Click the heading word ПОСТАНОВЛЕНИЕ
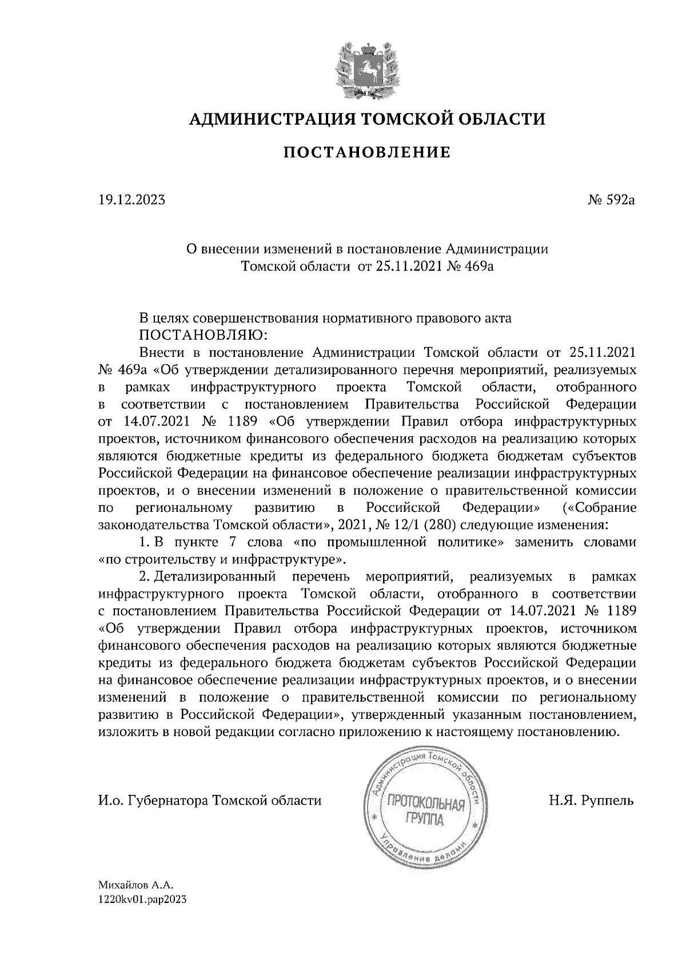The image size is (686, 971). tap(366, 153)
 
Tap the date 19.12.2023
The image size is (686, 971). tap(131, 200)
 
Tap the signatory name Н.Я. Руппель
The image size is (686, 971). tap(591, 801)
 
